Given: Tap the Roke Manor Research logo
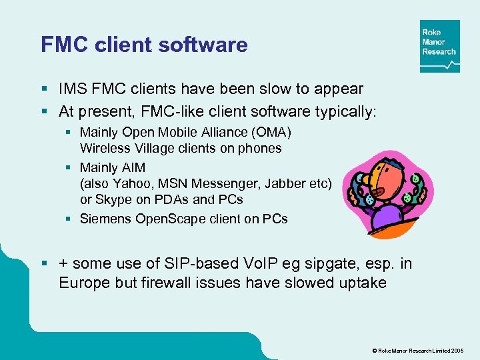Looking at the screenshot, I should pos(439,46).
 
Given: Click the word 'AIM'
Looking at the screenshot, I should pos(131,167).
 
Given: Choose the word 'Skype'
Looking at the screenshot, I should pos(113,199).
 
